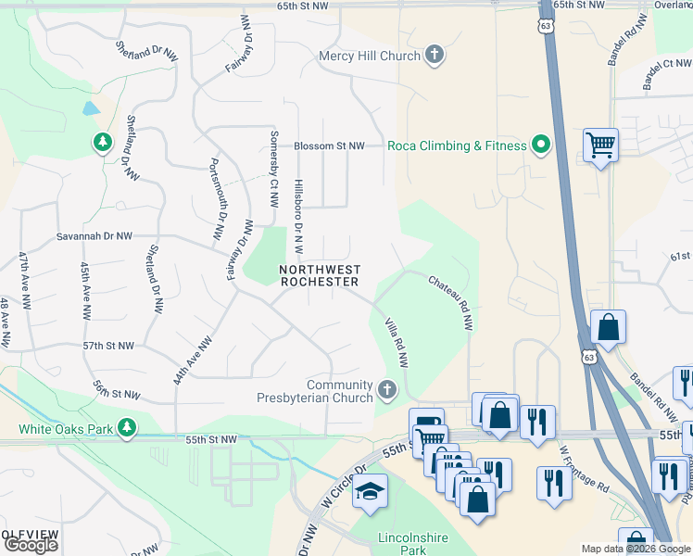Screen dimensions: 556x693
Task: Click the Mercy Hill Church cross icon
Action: (x=434, y=56)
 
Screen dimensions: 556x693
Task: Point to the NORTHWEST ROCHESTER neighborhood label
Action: (x=320, y=275)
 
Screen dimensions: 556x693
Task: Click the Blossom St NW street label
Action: (x=329, y=146)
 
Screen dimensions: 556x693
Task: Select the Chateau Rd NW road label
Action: (x=451, y=302)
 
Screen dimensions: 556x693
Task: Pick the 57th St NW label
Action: (x=108, y=346)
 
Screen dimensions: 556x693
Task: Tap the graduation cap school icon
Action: (x=370, y=491)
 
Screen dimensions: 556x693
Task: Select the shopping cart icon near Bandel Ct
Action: (x=601, y=145)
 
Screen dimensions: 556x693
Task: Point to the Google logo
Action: (x=31, y=545)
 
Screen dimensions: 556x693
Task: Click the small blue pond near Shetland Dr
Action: (x=91, y=107)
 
